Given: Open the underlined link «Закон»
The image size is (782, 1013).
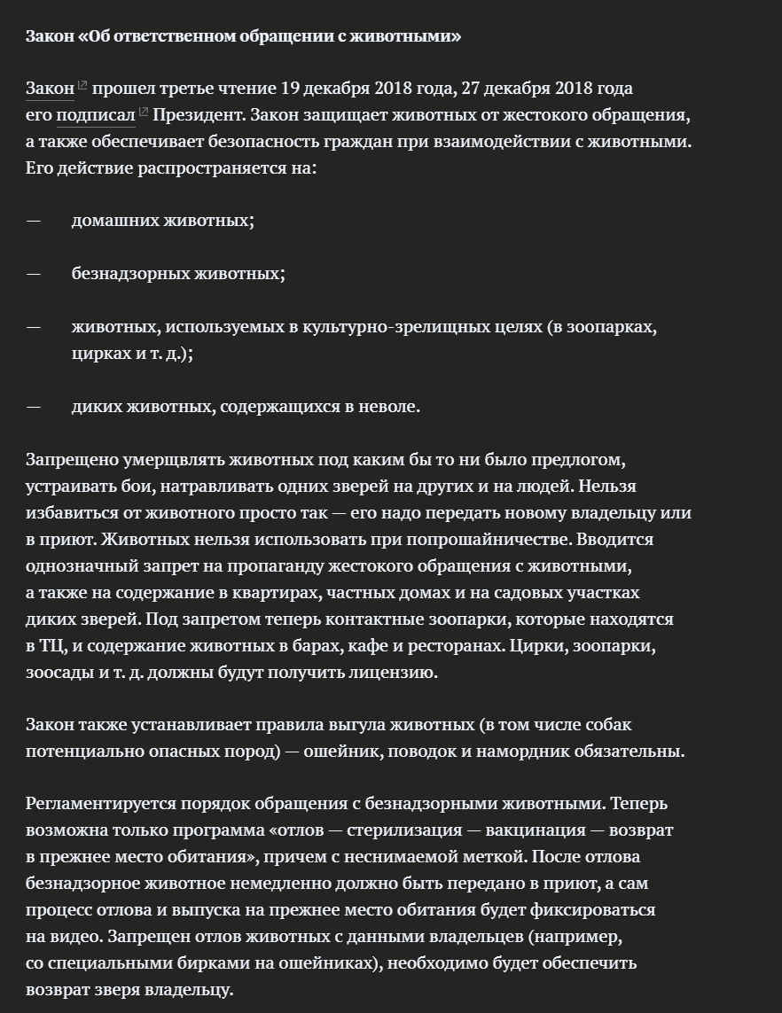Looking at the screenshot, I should click(50, 89).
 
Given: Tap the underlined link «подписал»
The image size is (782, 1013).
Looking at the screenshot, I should click(96, 115).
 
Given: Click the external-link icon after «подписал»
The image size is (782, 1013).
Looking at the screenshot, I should click(144, 113).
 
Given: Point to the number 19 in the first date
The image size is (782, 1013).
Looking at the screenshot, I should click(291, 89).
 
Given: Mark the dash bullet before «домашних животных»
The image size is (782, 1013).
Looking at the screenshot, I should click(34, 220).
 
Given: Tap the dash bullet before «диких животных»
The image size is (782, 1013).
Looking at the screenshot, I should click(34, 406).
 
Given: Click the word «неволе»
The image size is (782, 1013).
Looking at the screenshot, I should click(388, 406).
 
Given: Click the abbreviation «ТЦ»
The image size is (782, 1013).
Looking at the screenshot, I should click(52, 645).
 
